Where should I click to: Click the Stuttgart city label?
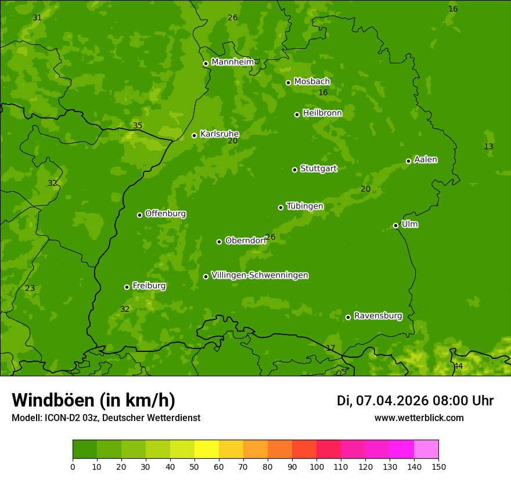click(x=318, y=169)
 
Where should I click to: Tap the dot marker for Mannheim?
click(x=206, y=64)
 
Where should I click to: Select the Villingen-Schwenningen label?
click(x=260, y=275)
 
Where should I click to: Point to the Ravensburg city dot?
click(x=348, y=317)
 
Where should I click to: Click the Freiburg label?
click(x=149, y=286)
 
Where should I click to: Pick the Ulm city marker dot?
click(x=395, y=225)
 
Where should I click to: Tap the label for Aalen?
click(x=426, y=160)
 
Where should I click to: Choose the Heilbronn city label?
click(x=322, y=113)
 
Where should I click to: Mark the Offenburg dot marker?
click(x=139, y=215)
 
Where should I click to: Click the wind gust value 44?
click(x=458, y=366)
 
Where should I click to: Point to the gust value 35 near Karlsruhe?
click(x=138, y=126)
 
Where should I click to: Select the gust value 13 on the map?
click(x=488, y=147)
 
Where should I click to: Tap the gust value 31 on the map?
click(x=37, y=18)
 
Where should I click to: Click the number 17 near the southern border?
click(x=330, y=348)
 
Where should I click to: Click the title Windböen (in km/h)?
click(x=93, y=401)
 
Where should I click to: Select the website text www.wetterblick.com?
click(x=419, y=418)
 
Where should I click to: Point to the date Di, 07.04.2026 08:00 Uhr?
click(x=415, y=401)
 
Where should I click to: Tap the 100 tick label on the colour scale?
click(x=316, y=466)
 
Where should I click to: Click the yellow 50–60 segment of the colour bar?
click(x=207, y=449)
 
